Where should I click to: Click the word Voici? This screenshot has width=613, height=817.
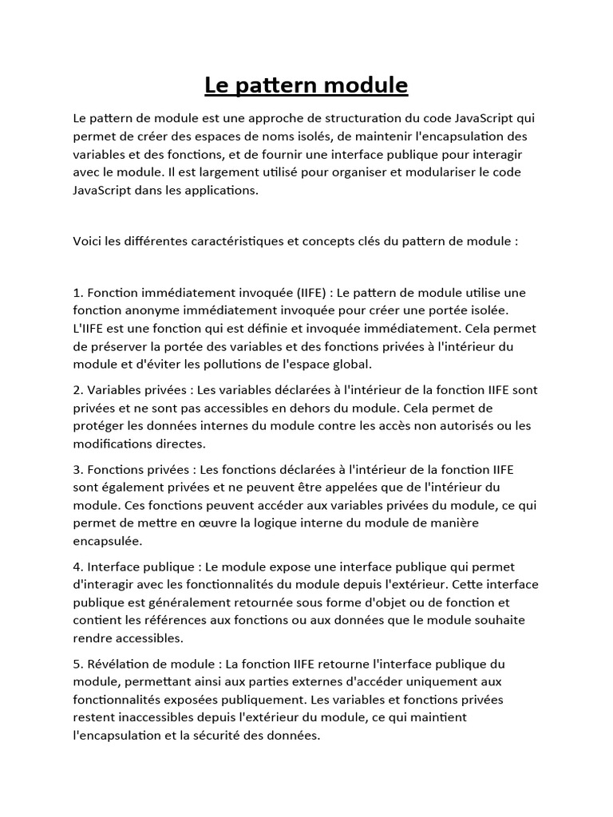[88, 240]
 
